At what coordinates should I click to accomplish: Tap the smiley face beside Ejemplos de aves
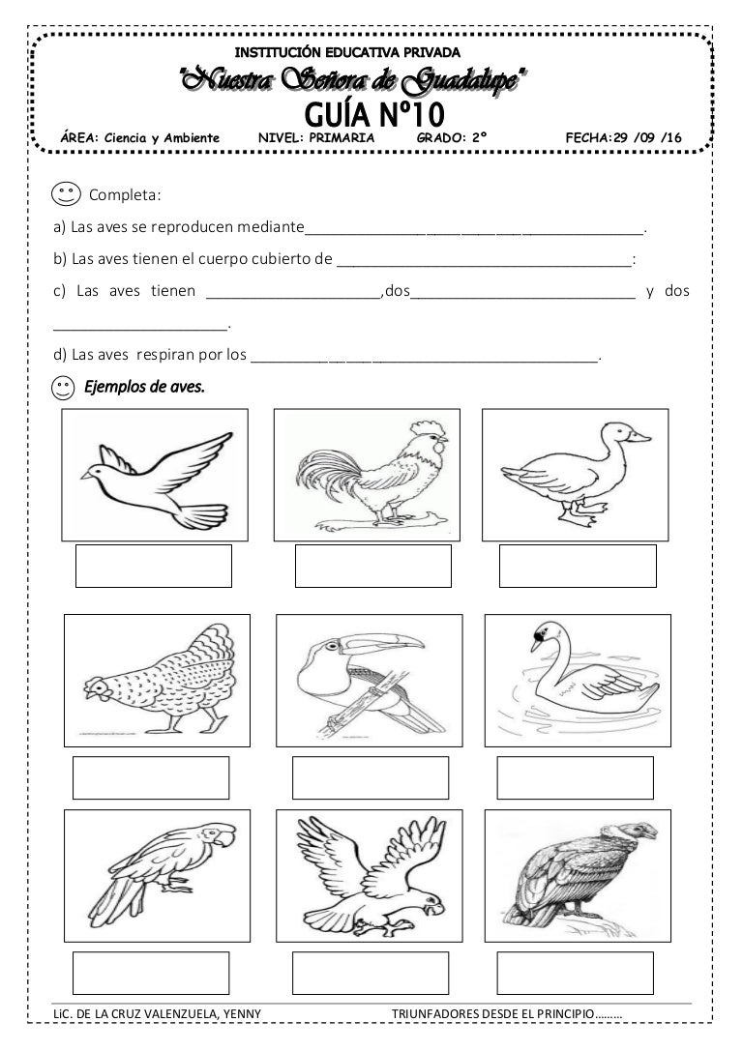(x=64, y=389)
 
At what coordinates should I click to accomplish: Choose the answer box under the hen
(x=152, y=777)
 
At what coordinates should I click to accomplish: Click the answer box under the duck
(x=578, y=566)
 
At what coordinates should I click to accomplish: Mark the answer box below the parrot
(x=152, y=974)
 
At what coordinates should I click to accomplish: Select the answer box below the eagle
(x=370, y=974)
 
